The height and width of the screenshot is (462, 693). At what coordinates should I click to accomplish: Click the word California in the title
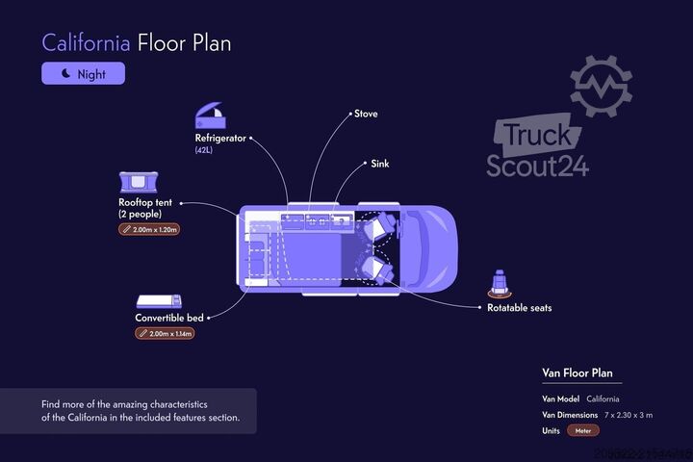86,43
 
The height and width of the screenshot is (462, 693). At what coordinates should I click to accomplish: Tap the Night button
83,73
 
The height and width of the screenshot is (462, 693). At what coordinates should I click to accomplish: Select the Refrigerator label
220,138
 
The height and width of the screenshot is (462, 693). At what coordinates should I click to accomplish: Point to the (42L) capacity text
205,151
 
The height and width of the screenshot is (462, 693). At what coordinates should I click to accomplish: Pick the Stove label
366,114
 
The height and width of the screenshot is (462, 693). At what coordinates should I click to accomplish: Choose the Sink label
380,164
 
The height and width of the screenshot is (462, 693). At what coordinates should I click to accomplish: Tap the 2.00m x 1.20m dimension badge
150,229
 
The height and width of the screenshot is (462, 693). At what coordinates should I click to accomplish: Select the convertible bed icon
157,301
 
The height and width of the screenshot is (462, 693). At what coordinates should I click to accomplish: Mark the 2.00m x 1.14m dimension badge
165,333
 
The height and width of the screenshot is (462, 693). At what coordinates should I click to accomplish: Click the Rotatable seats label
519,308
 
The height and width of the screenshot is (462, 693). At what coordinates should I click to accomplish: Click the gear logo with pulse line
602,87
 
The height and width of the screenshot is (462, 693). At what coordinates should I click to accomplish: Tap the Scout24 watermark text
537,165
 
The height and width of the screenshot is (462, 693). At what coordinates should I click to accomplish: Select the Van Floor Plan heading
577,372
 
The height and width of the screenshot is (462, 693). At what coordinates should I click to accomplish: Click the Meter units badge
583,430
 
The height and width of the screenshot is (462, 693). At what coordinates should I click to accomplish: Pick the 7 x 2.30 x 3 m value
629,415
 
